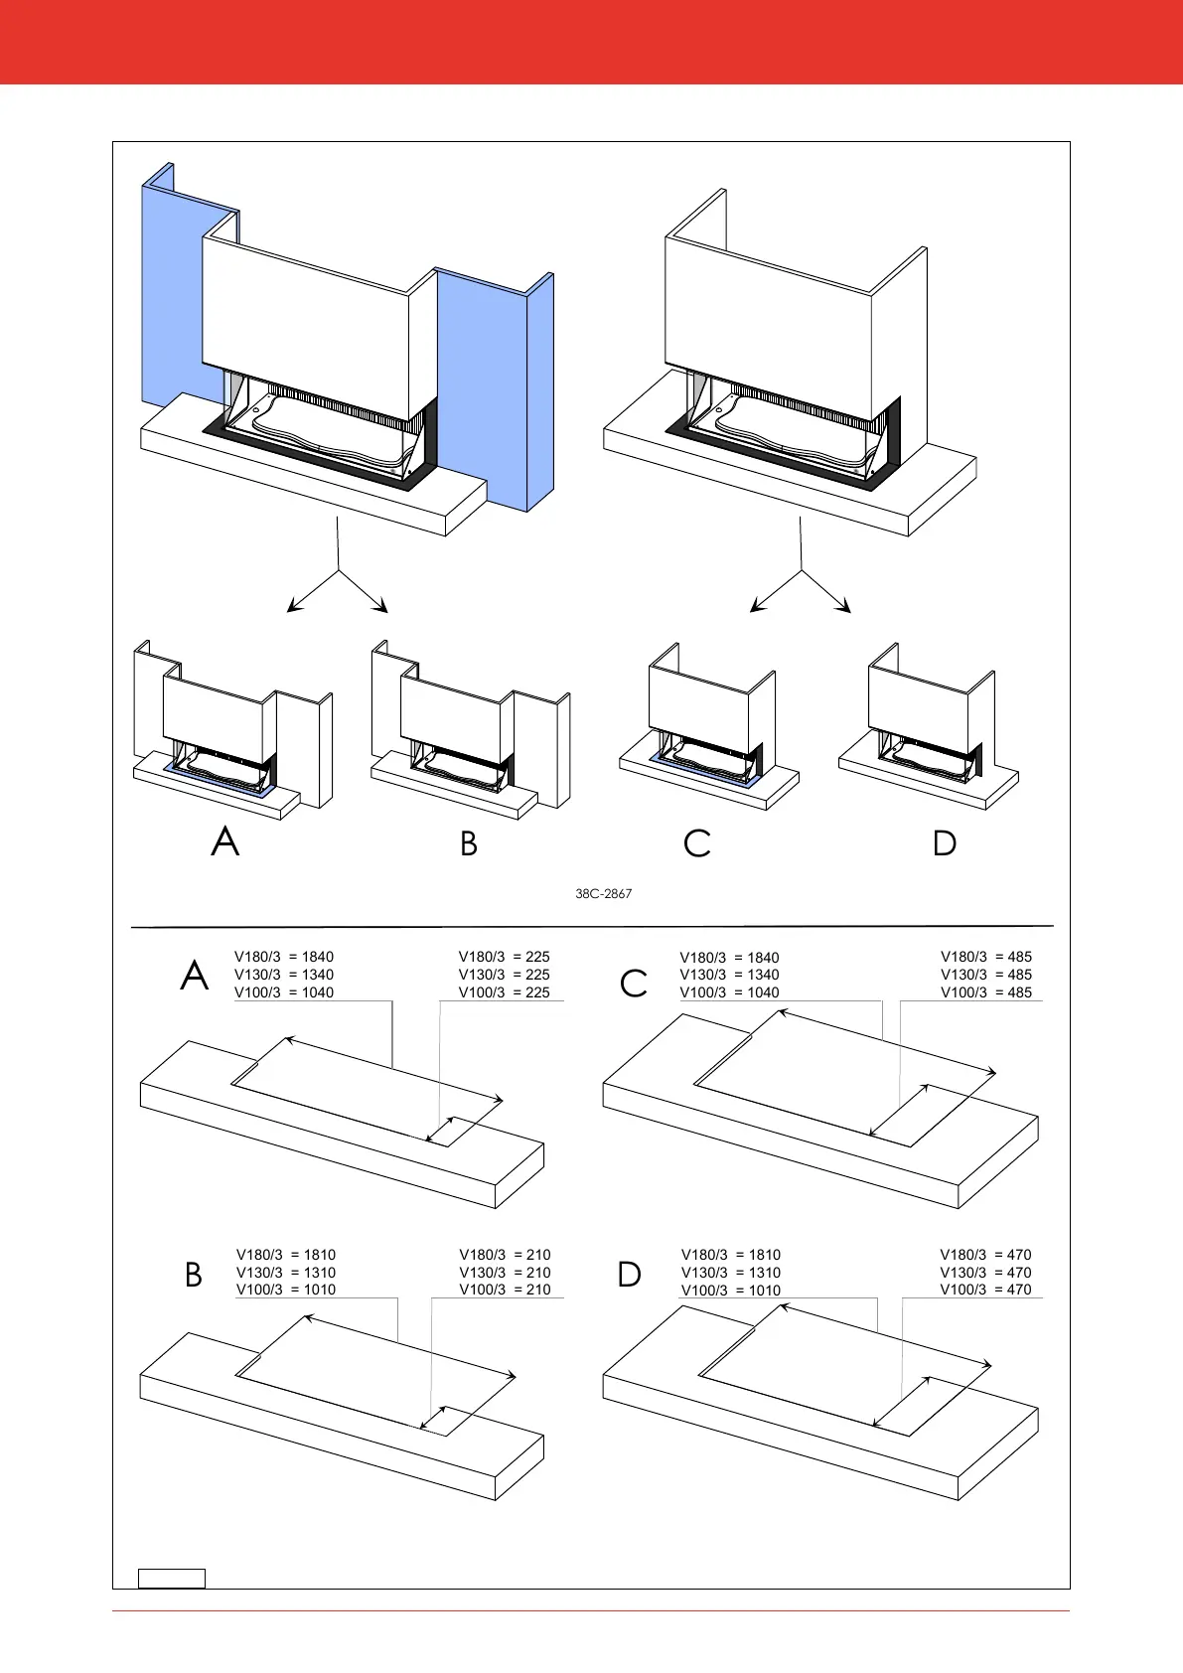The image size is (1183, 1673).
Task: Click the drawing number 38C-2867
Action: click(x=603, y=894)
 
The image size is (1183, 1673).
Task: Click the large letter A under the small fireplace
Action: click(x=225, y=842)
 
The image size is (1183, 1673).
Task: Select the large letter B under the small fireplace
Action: click(x=469, y=844)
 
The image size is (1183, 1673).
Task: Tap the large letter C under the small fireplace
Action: click(x=697, y=844)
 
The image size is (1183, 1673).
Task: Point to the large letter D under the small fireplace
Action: click(x=945, y=844)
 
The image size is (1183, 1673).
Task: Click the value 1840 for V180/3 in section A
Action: click(x=318, y=958)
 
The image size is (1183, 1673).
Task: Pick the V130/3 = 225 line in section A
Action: click(x=504, y=975)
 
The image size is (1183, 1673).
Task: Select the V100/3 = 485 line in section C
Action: click(x=985, y=992)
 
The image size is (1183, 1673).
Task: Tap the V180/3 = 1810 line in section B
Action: click(x=285, y=1255)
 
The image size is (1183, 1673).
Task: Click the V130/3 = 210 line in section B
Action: click(x=504, y=1273)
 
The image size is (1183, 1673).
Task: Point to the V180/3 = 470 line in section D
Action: click(x=985, y=1255)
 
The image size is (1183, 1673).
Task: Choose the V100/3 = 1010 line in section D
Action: click(x=730, y=1291)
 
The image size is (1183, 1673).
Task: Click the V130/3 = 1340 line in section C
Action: click(x=729, y=975)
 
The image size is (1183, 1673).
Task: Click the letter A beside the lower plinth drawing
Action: click(x=195, y=977)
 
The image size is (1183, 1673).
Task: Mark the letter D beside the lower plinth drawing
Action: click(x=630, y=1275)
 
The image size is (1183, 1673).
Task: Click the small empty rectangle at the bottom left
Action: click(x=171, y=1578)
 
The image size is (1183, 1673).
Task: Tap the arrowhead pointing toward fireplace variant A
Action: click(x=291, y=608)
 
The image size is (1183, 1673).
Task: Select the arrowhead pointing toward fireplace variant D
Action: click(x=847, y=608)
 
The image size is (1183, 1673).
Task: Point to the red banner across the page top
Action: click(x=591, y=42)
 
